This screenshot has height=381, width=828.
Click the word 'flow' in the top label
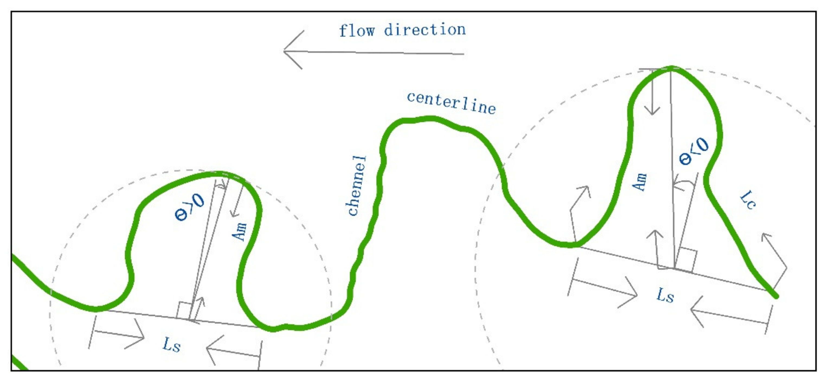point(357,31)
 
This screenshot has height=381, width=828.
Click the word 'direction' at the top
point(425,30)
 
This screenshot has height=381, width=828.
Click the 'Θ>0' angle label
point(189,208)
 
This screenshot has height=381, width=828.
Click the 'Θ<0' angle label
point(694,151)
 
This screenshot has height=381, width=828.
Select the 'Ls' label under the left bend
point(172,345)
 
